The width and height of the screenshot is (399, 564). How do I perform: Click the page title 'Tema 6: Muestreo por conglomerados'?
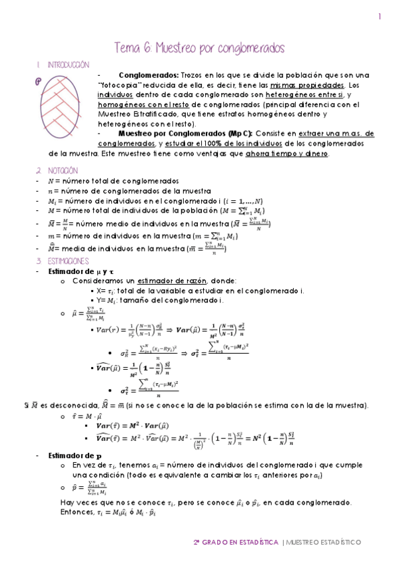point(200,49)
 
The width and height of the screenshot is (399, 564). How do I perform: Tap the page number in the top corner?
point(379,18)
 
